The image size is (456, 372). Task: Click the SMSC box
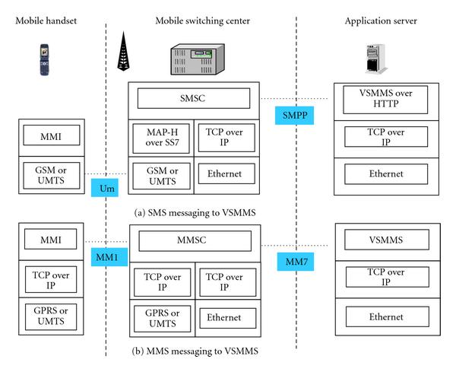(x=194, y=98)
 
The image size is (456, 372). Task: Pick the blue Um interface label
(x=104, y=186)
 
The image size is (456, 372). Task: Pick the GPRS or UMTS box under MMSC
(x=161, y=316)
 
